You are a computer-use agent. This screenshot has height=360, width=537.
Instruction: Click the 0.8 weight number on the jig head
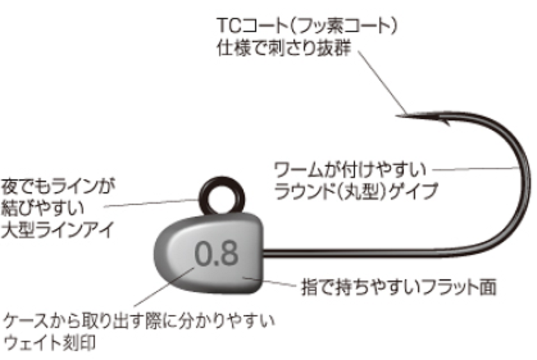point(217,254)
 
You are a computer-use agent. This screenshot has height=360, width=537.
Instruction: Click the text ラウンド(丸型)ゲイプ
point(356,190)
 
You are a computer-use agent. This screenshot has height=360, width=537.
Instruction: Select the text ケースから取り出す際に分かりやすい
point(138,320)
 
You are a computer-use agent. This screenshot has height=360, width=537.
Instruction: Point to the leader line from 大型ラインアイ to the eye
point(151,203)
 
